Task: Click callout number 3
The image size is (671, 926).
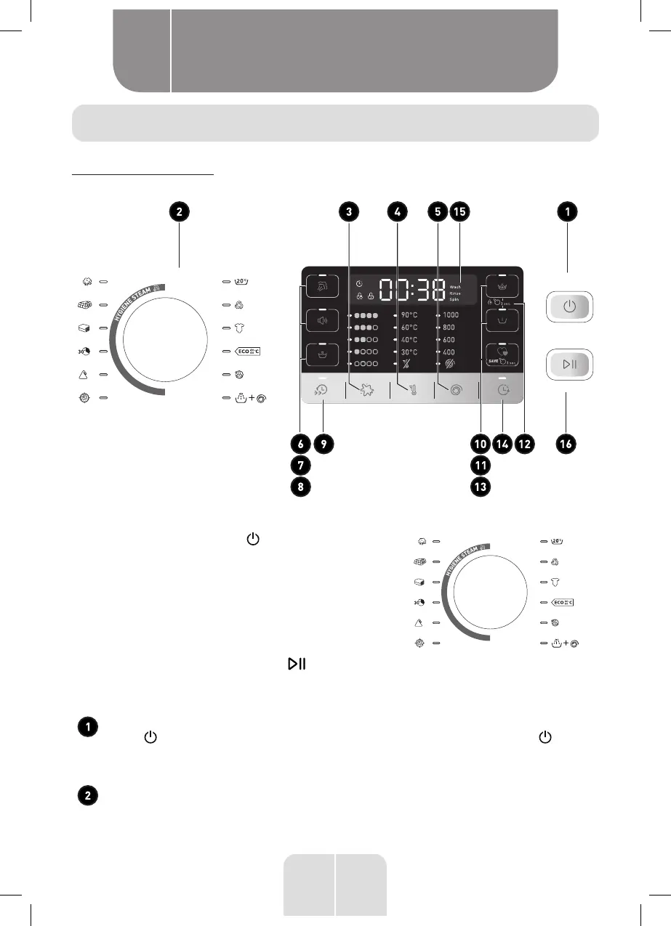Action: pos(349,211)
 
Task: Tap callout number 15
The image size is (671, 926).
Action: pos(460,211)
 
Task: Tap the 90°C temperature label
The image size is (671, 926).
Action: pos(408,316)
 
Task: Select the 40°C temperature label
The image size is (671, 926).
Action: pos(408,339)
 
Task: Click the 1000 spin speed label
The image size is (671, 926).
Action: pos(451,316)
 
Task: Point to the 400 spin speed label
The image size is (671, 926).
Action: pos(449,352)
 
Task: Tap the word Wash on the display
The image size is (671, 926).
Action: pos(455,287)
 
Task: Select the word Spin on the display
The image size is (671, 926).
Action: pos(454,299)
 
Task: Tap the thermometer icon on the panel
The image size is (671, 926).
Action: pos(411,390)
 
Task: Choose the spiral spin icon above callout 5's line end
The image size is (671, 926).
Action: pos(455,390)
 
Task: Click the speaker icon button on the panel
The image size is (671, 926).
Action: pos(318,320)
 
